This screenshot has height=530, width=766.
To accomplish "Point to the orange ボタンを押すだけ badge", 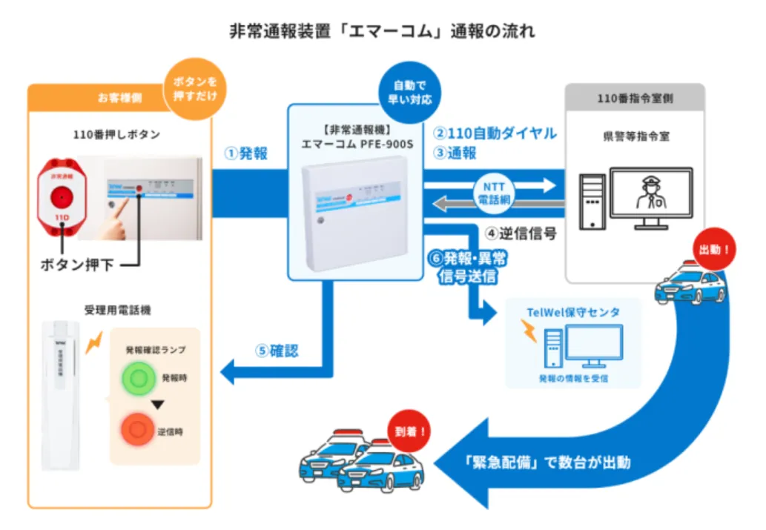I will click(x=194, y=90).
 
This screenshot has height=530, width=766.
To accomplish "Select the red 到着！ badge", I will click(x=409, y=431).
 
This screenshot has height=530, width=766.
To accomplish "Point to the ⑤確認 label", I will click(x=277, y=351).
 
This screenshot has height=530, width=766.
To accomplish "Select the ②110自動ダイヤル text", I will click(x=495, y=133).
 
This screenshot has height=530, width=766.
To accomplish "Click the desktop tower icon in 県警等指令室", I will click(x=592, y=200).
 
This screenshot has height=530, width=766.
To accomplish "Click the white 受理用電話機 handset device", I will click(x=62, y=394).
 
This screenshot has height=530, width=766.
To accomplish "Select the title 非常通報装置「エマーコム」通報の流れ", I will click(x=383, y=32).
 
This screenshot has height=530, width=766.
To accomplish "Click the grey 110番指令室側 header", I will click(x=634, y=97).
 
